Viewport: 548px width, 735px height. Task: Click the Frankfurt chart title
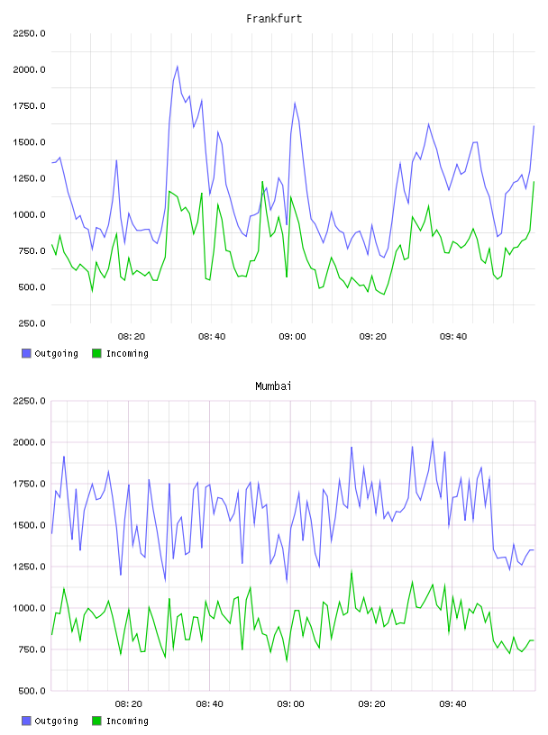[x=274, y=19]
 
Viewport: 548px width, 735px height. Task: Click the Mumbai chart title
[x=273, y=386]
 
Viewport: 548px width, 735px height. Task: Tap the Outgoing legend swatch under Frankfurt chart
[x=26, y=353]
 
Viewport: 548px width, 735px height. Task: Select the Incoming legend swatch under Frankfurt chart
[x=96, y=353]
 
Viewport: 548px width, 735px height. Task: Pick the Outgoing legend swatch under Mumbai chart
[x=26, y=721]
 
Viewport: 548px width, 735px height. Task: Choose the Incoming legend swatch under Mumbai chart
[x=96, y=721]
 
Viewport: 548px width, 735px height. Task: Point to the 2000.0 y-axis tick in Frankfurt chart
[x=29, y=70]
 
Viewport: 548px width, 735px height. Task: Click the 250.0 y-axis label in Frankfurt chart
[x=32, y=323]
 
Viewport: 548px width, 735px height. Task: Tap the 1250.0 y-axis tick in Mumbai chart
[x=29, y=567]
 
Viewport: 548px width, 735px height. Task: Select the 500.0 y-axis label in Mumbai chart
[x=32, y=691]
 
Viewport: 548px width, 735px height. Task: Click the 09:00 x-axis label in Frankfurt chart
[x=292, y=337]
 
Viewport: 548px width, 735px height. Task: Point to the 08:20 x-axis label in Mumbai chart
[x=129, y=704]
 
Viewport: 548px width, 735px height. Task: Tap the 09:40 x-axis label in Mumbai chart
[x=452, y=704]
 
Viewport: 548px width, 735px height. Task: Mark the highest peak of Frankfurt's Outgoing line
[x=178, y=66]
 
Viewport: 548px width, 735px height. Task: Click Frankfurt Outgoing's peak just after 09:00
[x=295, y=103]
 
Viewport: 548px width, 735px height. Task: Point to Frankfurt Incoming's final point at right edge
[x=534, y=182]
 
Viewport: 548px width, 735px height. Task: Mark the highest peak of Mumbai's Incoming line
[x=352, y=571]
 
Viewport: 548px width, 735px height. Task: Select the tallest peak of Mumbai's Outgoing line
[x=433, y=440]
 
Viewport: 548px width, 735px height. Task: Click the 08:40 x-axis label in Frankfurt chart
[x=212, y=337]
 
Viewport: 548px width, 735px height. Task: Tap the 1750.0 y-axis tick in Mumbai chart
[x=29, y=484]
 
